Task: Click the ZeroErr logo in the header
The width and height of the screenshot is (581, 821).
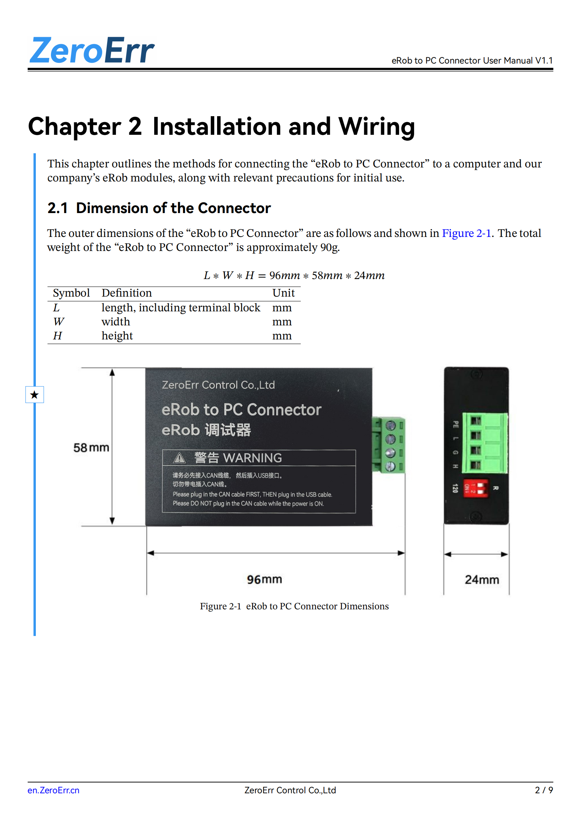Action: click(92, 51)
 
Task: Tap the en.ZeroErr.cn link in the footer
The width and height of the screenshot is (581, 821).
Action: click(53, 790)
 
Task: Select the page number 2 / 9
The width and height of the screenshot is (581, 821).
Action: click(543, 790)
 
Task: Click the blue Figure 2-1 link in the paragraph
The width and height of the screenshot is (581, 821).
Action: click(466, 233)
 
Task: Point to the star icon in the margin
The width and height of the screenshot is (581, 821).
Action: click(34, 395)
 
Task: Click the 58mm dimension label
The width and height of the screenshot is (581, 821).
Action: click(91, 447)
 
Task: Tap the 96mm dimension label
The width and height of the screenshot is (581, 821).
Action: click(265, 579)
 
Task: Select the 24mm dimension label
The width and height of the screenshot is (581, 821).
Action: click(482, 579)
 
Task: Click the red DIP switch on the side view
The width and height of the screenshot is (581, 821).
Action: click(476, 488)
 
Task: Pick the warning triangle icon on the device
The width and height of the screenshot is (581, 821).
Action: click(179, 458)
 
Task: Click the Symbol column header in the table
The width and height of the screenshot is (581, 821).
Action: click(71, 293)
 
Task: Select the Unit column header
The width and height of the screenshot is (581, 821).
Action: click(283, 293)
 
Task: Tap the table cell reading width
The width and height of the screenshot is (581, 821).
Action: click(116, 322)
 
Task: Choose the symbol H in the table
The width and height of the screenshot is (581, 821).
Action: click(57, 336)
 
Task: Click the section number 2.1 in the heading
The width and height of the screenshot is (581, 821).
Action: click(57, 208)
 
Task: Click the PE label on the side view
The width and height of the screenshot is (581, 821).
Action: click(456, 424)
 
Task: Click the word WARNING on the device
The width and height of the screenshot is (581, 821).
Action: click(252, 458)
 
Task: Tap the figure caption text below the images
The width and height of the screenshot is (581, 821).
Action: click(294, 606)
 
